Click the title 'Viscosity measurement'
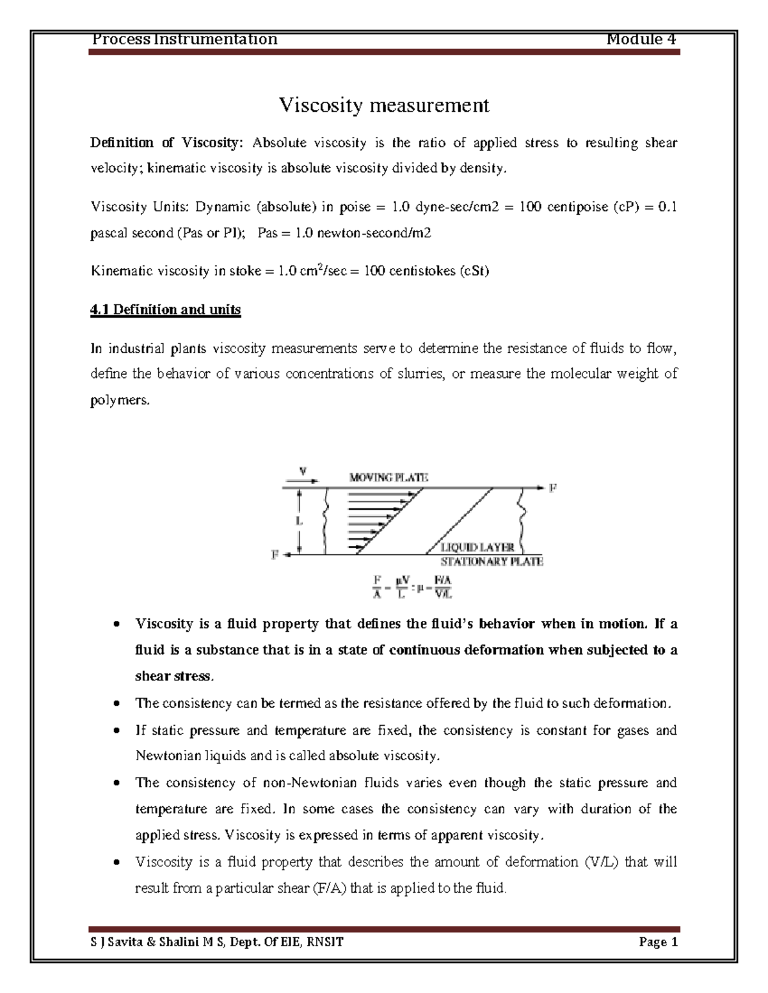pos(383,105)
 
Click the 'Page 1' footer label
pos(657,942)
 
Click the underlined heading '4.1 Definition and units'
pos(166,310)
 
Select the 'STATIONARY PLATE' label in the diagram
pos(492,562)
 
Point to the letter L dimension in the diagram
pos(298,520)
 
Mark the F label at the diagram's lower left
pos(275,555)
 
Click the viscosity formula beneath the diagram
pos(413,586)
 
